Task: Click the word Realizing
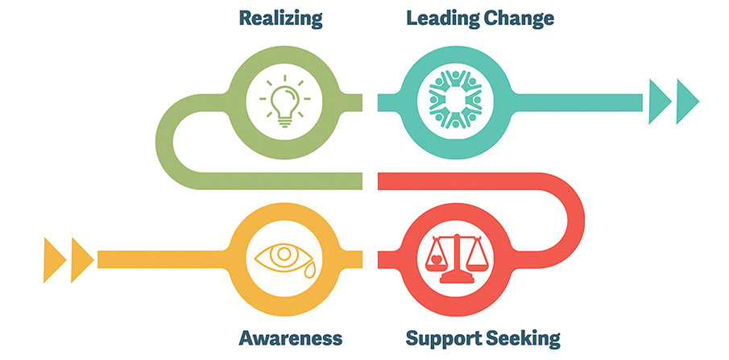(281, 18)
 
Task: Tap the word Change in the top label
(523, 18)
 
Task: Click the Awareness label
(291, 337)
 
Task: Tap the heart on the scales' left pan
(436, 262)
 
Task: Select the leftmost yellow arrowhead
(54, 259)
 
